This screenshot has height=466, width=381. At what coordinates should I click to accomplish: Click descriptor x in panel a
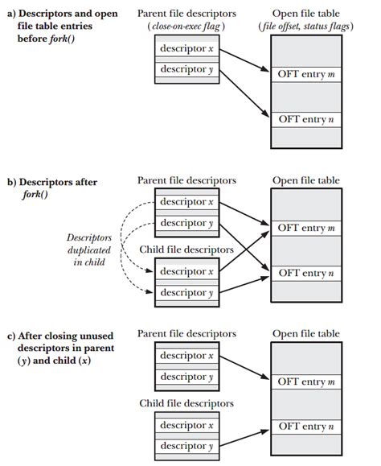186,49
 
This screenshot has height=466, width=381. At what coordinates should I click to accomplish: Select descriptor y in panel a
186,69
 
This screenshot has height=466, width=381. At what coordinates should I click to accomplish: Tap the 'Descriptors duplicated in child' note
89,249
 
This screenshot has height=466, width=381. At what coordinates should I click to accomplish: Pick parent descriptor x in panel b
186,201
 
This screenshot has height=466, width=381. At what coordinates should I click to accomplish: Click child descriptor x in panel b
186,271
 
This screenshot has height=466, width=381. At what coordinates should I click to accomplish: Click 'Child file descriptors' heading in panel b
186,249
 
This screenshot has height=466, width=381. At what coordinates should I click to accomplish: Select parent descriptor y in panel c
186,376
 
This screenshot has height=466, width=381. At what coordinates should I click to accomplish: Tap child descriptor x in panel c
186,425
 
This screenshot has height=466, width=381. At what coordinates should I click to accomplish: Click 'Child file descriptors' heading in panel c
186,402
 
